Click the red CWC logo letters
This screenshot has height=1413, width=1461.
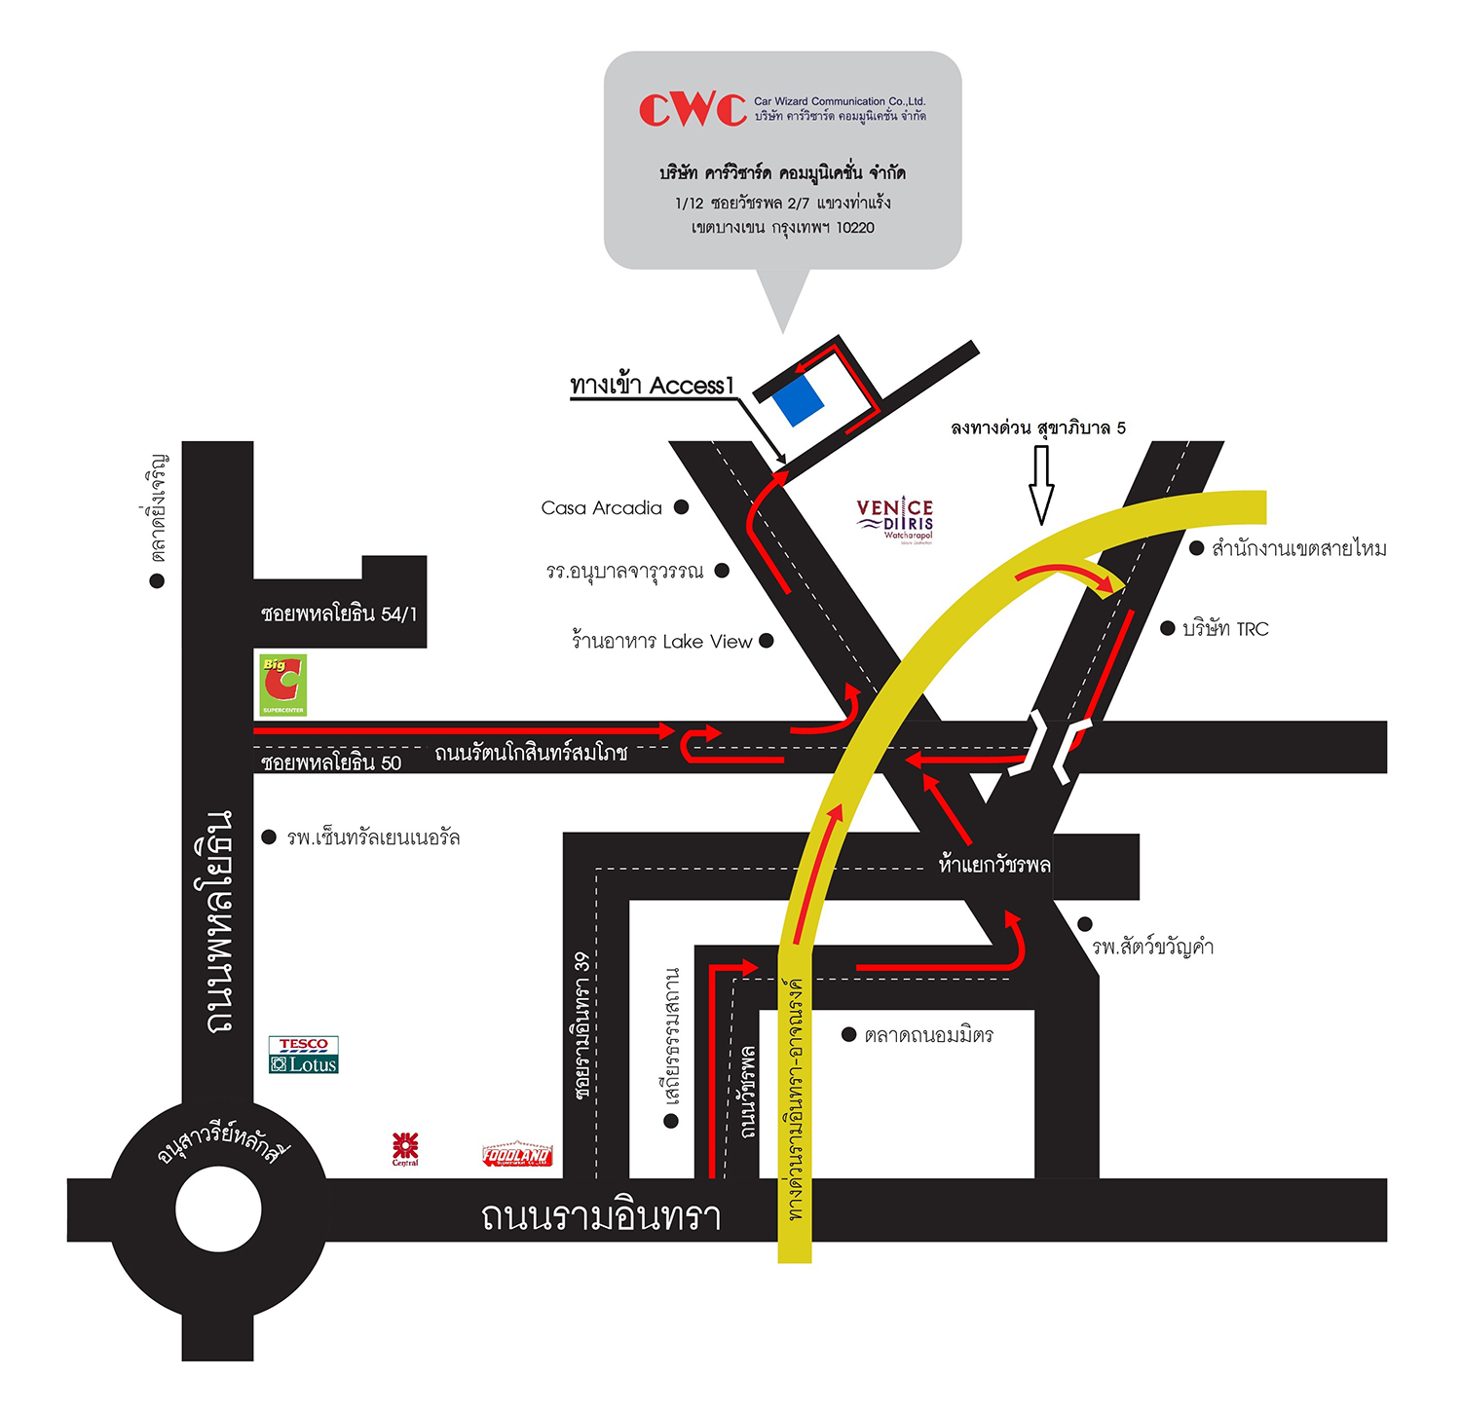point(693,109)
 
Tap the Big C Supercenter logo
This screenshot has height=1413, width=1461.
point(282,685)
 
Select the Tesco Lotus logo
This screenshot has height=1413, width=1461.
point(304,1055)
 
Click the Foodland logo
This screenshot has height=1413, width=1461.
point(517,1154)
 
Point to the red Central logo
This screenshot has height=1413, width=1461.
point(405,1147)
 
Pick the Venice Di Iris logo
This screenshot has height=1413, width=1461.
point(895,519)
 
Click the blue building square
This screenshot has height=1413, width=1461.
point(798,401)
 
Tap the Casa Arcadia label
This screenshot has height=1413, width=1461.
point(601,507)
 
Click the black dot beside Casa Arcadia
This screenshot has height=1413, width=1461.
point(682,506)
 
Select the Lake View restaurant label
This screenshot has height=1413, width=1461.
point(661,641)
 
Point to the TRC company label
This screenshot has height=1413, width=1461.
point(1225,629)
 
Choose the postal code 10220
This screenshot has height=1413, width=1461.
point(855,228)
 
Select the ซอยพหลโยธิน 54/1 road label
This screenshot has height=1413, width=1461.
point(338,614)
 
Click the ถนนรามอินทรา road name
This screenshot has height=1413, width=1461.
point(601,1216)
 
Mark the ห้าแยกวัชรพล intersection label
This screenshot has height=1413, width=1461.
point(994,865)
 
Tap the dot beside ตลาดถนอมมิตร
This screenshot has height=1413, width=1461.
point(848,1034)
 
